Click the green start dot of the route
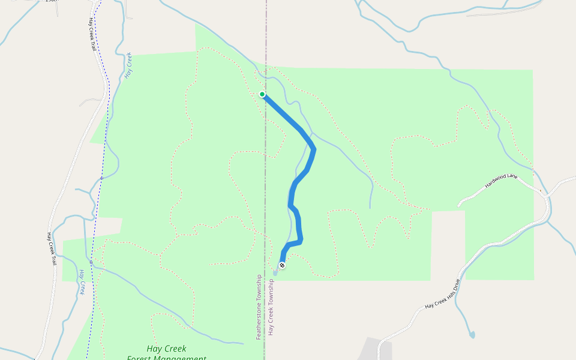[262, 94]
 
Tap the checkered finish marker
[282, 265]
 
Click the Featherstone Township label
[259, 307]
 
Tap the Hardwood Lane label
[500, 181]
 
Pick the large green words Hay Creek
[166, 349]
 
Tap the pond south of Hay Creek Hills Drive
[472, 335]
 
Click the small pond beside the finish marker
[276, 272]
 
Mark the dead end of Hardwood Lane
[460, 205]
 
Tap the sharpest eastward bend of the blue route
[313, 149]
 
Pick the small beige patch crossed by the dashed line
[108, 227]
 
